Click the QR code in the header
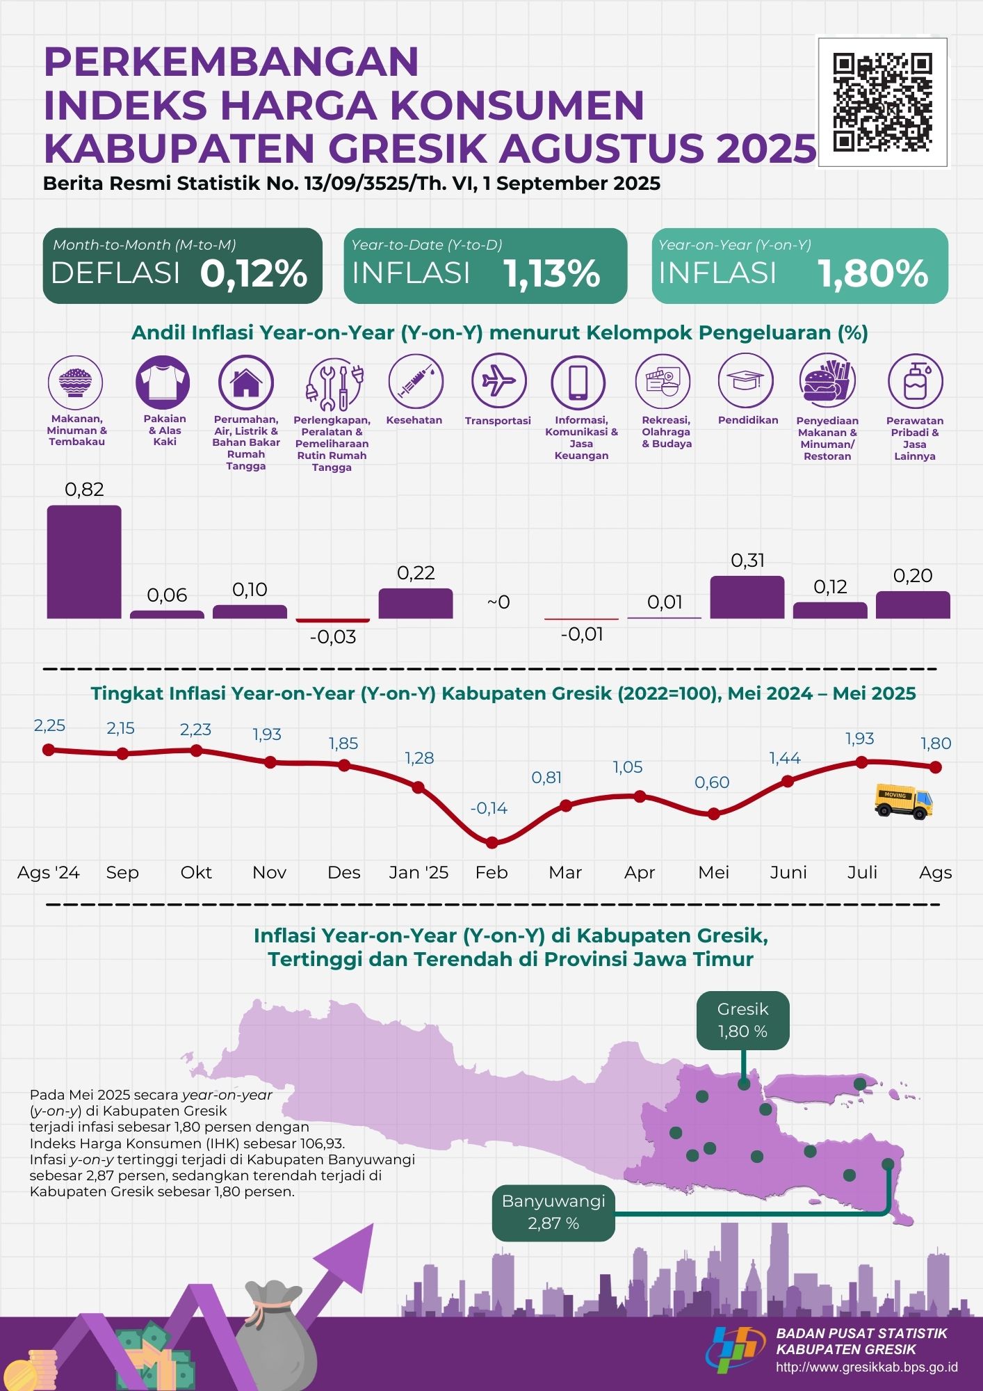pyautogui.click(x=882, y=102)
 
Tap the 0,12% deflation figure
pyautogui.click(x=254, y=273)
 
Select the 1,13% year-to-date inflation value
pyautogui.click(x=552, y=273)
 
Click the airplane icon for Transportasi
pyautogui.click(x=498, y=380)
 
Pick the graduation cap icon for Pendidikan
pyautogui.click(x=745, y=380)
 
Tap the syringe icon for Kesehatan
pyautogui.click(x=416, y=380)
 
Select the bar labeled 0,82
pyautogui.click(x=84, y=562)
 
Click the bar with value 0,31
pyautogui.click(x=747, y=597)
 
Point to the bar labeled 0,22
pyautogui.click(x=416, y=603)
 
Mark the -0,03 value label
pyautogui.click(x=333, y=637)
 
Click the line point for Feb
pyautogui.click(x=492, y=843)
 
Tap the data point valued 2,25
pyautogui.click(x=48, y=750)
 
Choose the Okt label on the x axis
pyautogui.click(x=196, y=872)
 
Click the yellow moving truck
pyautogui.click(x=903, y=803)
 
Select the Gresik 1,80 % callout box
pyautogui.click(x=742, y=1020)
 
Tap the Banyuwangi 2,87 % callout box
pyautogui.click(x=553, y=1212)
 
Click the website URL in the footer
pyautogui.click(x=866, y=1367)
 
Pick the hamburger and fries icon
pyautogui.click(x=827, y=380)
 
